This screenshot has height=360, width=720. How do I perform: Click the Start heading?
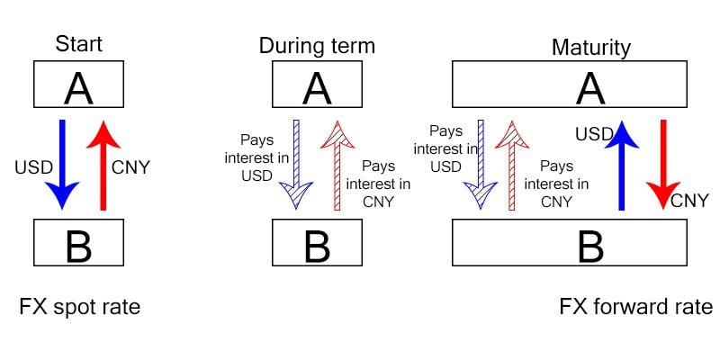pyautogui.click(x=78, y=44)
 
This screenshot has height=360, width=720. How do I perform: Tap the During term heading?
pyautogui.click(x=317, y=46)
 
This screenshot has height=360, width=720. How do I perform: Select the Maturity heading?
pyautogui.click(x=591, y=48)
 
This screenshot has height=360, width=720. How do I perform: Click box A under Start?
pyautogui.click(x=78, y=84)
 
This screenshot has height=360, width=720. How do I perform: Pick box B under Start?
pyautogui.click(x=78, y=242)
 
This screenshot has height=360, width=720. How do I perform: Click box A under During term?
pyautogui.click(x=317, y=84)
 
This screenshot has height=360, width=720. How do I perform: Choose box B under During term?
pyautogui.click(x=317, y=242)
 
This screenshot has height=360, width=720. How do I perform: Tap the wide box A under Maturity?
pyautogui.click(x=570, y=84)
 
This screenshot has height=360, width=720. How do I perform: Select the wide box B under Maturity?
pyautogui.click(x=570, y=242)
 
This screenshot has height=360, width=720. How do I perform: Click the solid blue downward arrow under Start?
pyautogui.click(x=62, y=165)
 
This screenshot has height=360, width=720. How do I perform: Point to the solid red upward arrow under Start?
pyautogui.click(x=103, y=166)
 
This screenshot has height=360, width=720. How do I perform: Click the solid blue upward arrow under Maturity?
pyautogui.click(x=621, y=166)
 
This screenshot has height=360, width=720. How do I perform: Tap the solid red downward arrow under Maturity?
pyautogui.click(x=663, y=165)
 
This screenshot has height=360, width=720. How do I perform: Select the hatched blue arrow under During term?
pyautogui.click(x=296, y=165)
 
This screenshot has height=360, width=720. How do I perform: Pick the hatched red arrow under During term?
pyautogui.click(x=338, y=166)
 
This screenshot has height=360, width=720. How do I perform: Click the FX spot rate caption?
pyautogui.click(x=80, y=307)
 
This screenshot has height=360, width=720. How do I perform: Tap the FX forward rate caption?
pyautogui.click(x=636, y=307)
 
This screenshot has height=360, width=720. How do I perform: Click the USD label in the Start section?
pyautogui.click(x=34, y=167)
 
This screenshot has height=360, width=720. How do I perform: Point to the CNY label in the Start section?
pyautogui.click(x=130, y=167)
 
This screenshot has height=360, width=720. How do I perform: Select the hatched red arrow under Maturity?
pyautogui.click(x=513, y=166)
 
